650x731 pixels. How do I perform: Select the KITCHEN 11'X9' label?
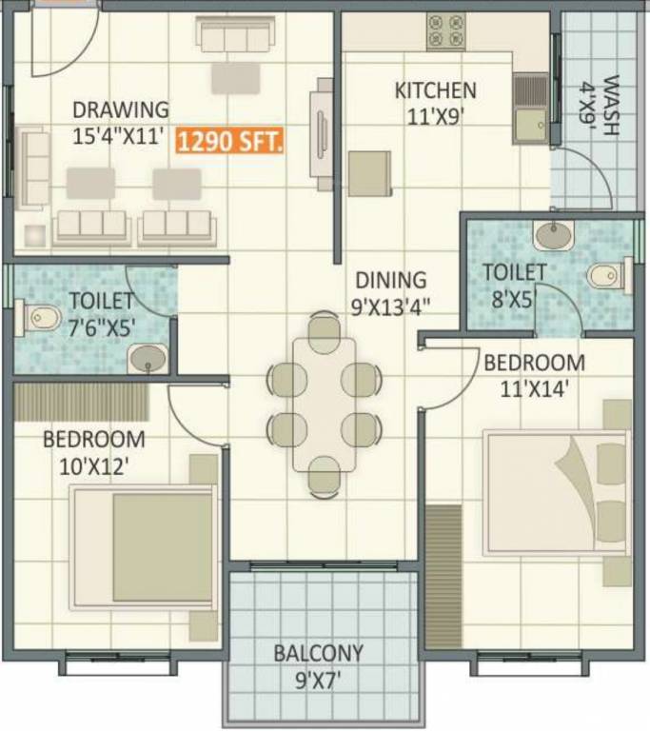click(435, 103)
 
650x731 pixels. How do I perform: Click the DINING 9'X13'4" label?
click(392, 292)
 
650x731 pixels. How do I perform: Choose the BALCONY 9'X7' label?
click(319, 665)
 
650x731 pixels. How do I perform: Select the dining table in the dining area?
click(324, 404)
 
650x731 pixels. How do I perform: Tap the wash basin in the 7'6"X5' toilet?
click(148, 358)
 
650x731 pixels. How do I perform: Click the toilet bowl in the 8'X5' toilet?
click(606, 276)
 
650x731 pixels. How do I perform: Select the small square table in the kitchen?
click(369, 173)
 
